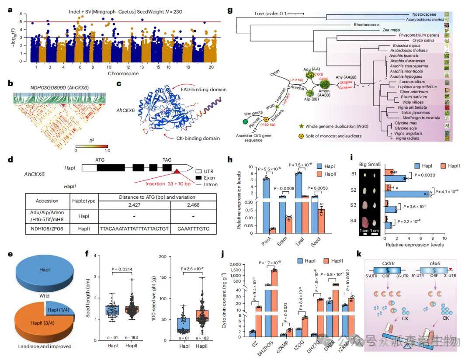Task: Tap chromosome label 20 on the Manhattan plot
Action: [x=211, y=68]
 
